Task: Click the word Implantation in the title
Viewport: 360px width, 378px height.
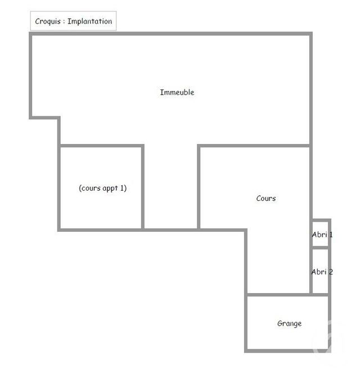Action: click(89, 22)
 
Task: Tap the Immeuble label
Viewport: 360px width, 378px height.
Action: click(177, 92)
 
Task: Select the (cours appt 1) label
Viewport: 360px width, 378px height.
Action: click(102, 188)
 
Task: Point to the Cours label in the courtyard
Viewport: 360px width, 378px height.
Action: click(266, 199)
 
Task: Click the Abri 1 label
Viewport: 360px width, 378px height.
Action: click(322, 235)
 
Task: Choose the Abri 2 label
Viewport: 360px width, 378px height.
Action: click(322, 272)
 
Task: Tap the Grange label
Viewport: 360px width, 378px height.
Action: click(289, 323)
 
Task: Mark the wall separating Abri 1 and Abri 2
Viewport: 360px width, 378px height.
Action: click(321, 247)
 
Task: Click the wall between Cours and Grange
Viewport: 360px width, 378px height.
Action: click(278, 294)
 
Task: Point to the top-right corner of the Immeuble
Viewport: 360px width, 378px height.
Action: click(310, 35)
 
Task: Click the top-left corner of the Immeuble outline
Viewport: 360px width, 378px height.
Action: click(31, 35)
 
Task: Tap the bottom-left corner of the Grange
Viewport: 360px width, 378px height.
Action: click(246, 350)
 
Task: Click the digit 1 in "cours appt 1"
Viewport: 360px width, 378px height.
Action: click(124, 188)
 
